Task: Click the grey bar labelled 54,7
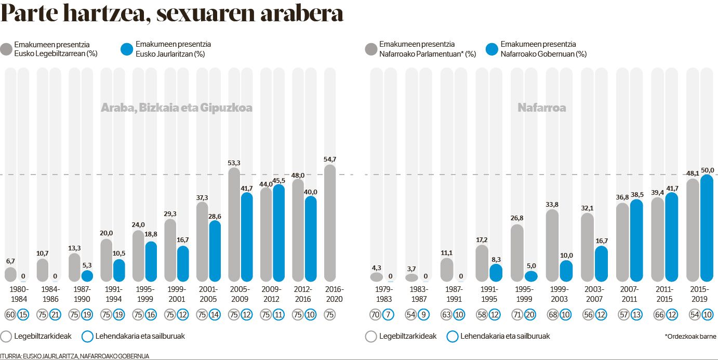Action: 330,223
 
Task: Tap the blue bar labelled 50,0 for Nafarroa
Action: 707,229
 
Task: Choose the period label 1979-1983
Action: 383,294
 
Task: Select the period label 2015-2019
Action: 700,294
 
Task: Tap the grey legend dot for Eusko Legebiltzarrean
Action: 7,49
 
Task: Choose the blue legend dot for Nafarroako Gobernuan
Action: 492,49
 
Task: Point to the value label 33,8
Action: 552,204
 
